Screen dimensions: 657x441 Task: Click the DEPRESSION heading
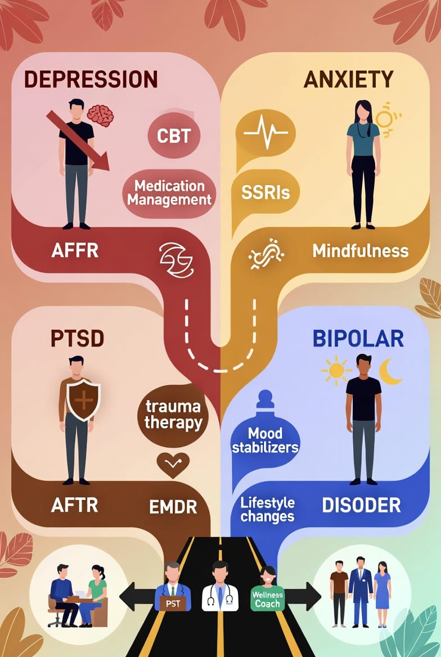pyautogui.click(x=91, y=79)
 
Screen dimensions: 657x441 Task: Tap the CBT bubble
pyautogui.click(x=174, y=136)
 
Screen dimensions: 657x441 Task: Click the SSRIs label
pyautogui.click(x=265, y=193)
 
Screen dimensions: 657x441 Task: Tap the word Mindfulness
pyautogui.click(x=361, y=250)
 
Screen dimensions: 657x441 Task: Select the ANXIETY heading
pyautogui.click(x=349, y=79)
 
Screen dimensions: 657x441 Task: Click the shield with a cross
pyautogui.click(x=84, y=402)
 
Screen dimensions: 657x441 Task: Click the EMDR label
pyautogui.click(x=173, y=507)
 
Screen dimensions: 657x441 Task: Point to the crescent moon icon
pyautogui.click(x=389, y=372)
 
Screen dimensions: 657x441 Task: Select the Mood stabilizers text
pyautogui.click(x=265, y=440)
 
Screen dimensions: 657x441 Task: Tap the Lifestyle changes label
pyautogui.click(x=267, y=509)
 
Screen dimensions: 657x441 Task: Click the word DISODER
pyautogui.click(x=361, y=505)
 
